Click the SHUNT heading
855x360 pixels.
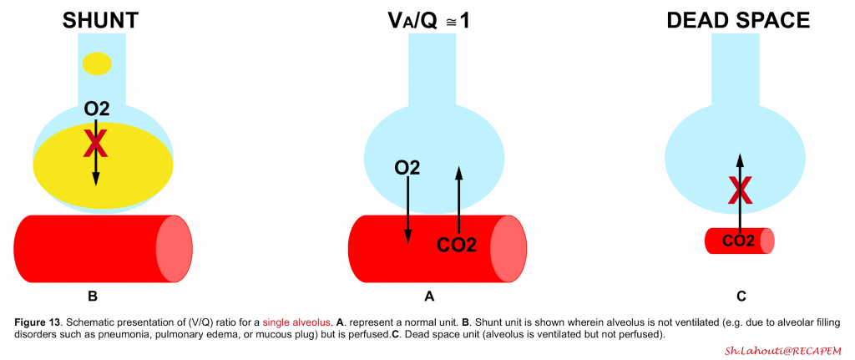[x=100, y=21]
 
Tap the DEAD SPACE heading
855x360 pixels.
[x=739, y=21]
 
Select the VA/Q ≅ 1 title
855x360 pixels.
[x=429, y=21]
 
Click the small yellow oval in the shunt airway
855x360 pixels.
[x=97, y=63]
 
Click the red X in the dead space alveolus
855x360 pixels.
[x=740, y=192]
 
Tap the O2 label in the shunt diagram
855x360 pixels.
[x=97, y=109]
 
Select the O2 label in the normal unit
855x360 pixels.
[x=407, y=168]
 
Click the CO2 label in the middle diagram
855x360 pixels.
[x=457, y=245]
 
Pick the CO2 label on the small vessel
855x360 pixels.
[x=738, y=240]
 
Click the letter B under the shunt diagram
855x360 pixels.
[x=92, y=297]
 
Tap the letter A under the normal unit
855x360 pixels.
[x=429, y=297]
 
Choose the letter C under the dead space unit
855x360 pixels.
[x=741, y=297]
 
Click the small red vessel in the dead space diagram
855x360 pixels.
[x=740, y=241]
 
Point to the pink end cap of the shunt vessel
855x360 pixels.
[x=175, y=249]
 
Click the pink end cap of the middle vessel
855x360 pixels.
[x=508, y=249]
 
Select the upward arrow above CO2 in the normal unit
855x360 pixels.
[x=458, y=199]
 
